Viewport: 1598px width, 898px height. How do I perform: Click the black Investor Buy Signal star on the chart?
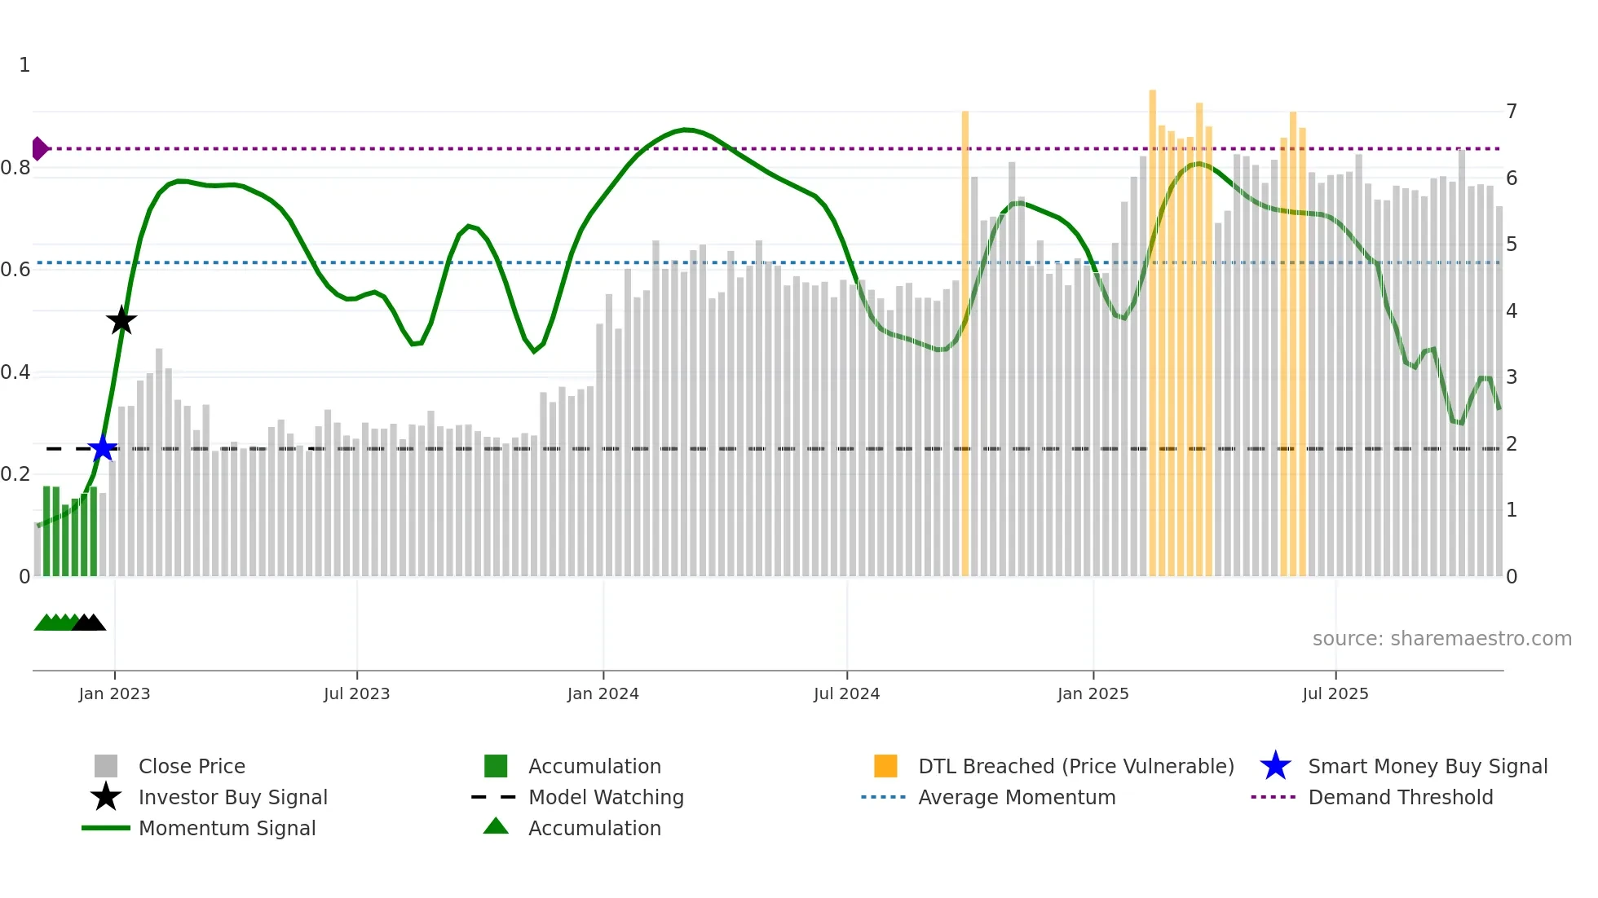coord(121,320)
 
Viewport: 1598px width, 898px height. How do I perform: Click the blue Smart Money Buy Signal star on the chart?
coord(103,448)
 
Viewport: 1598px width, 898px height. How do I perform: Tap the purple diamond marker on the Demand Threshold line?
coord(39,148)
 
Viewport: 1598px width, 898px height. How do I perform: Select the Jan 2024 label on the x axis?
coord(603,693)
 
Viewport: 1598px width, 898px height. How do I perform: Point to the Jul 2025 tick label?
coord(1335,693)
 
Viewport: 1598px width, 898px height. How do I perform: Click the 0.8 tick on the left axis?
coord(15,168)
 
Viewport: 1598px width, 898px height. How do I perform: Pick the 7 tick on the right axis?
coord(1511,111)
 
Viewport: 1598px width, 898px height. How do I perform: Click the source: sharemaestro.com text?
coord(1441,638)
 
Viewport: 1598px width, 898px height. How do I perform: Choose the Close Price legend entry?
coord(192,766)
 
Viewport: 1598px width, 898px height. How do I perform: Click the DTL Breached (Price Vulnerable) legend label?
coord(1075,766)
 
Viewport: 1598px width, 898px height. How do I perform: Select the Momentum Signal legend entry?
coord(227,828)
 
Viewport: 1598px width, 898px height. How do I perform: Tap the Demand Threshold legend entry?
coord(1400,797)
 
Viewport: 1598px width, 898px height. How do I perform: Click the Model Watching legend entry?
coord(606,797)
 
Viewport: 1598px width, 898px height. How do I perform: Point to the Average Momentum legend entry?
coord(1016,797)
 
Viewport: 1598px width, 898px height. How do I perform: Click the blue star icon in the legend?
coord(1275,766)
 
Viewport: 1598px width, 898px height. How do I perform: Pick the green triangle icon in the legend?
coord(496,826)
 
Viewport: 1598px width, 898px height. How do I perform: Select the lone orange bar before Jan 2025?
coord(965,342)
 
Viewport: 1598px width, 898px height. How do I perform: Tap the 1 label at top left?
coord(24,65)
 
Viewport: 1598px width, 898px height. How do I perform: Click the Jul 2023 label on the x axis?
coord(356,693)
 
